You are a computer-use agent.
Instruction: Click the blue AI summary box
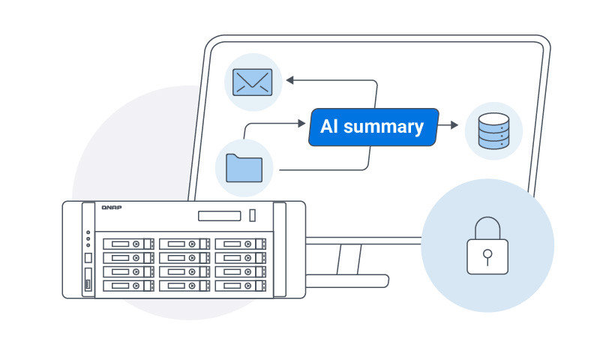click(373, 127)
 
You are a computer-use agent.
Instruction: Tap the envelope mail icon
click(253, 81)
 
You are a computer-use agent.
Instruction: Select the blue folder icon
click(244, 168)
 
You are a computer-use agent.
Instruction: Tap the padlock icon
click(487, 244)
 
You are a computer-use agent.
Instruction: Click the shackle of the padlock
click(487, 226)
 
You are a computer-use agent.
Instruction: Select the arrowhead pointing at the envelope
click(290, 79)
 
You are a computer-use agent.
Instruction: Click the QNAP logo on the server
click(112, 207)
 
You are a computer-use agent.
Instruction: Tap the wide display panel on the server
click(220, 216)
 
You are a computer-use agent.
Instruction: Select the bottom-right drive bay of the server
click(239, 286)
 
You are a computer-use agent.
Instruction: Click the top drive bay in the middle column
click(184, 244)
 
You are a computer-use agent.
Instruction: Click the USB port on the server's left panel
click(88, 284)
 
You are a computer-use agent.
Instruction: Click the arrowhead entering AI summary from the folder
click(305, 124)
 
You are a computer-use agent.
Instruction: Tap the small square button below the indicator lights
click(88, 257)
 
